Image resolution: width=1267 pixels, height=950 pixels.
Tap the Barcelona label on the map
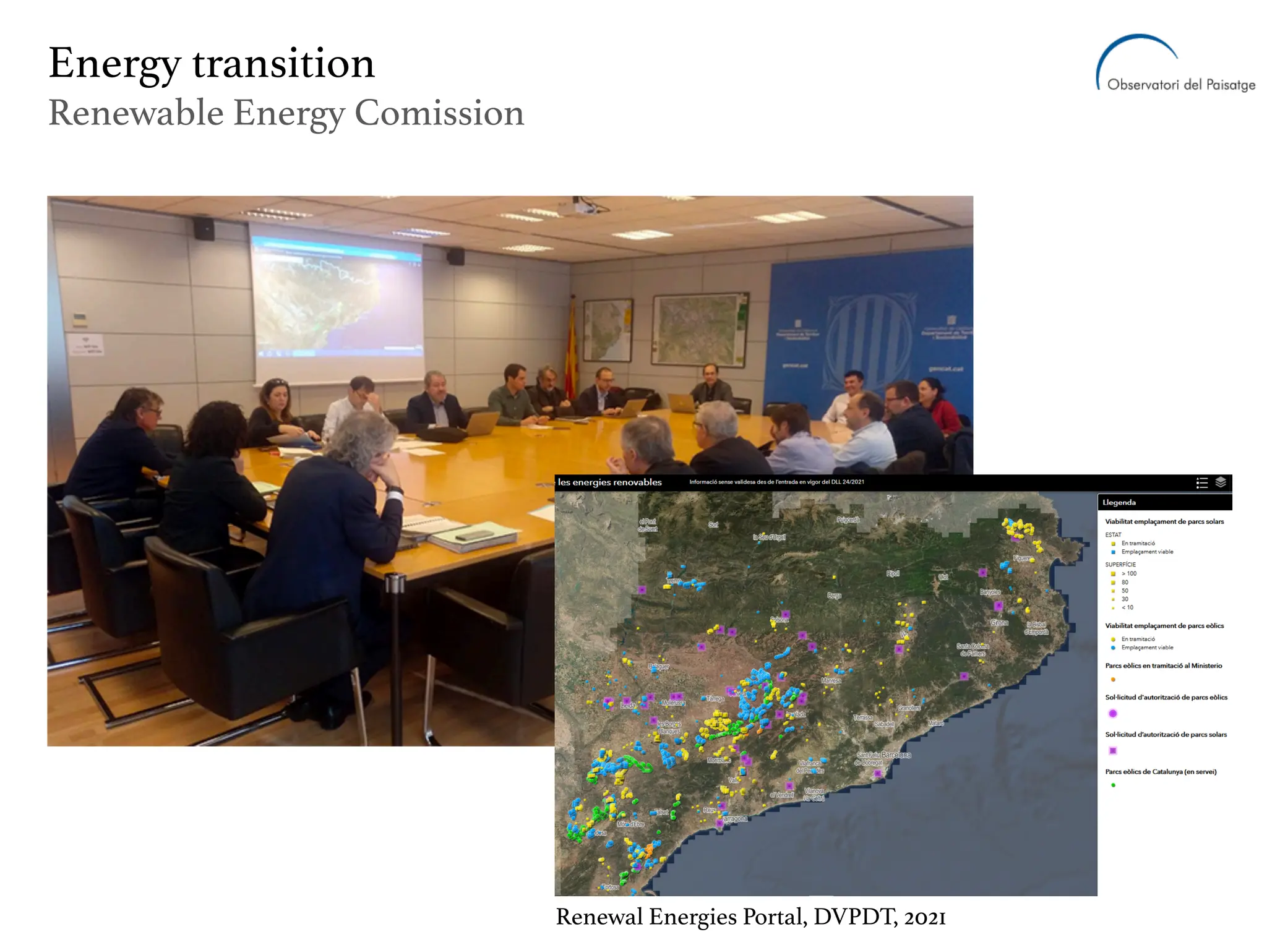click(x=896, y=755)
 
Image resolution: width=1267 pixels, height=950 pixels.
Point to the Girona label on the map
click(x=999, y=622)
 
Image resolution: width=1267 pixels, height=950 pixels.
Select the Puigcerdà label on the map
click(x=848, y=520)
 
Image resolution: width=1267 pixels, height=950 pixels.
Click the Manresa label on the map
click(x=831, y=680)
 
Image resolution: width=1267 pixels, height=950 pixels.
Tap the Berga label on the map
click(x=834, y=596)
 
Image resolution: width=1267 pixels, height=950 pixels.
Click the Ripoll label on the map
click(x=893, y=573)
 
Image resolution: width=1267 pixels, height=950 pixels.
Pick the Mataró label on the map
click(x=935, y=723)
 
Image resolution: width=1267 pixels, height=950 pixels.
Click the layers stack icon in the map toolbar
click(x=1221, y=482)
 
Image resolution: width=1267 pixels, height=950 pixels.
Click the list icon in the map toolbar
click(x=1201, y=483)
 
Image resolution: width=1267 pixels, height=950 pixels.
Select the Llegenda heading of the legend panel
click(x=1119, y=502)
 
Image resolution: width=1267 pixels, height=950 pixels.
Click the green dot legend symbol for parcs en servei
click(x=1113, y=785)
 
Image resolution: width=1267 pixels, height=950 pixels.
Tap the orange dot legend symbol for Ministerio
click(x=1113, y=679)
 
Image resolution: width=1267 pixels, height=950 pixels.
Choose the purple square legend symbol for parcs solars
click(x=1113, y=750)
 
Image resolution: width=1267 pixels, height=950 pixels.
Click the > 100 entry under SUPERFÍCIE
click(x=1128, y=573)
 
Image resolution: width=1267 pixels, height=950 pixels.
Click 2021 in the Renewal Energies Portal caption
click(x=924, y=917)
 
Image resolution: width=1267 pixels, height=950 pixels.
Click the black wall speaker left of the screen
click(x=204, y=228)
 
